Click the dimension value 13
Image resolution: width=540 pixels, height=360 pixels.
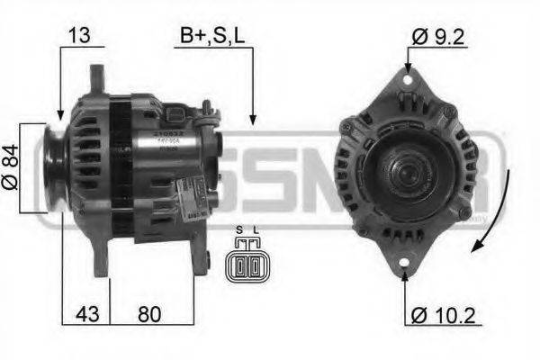coord(80,36)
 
